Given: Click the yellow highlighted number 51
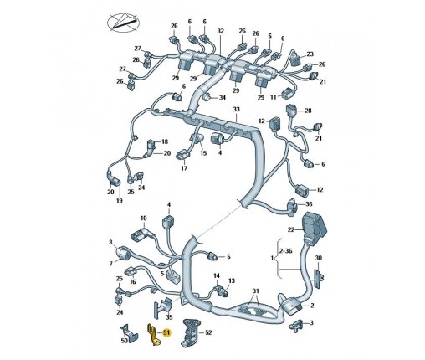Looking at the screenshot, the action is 166,332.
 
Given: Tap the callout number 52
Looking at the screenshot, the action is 208,332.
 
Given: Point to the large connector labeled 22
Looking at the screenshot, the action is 315,225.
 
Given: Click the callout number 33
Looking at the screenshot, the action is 236,109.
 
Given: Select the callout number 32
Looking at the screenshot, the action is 220,31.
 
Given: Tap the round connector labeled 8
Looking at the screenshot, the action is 122,253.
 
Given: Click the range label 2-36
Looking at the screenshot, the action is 286,251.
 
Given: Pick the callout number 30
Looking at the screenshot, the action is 318,258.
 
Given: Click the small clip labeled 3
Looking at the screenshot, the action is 296,324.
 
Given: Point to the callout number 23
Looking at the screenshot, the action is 310,54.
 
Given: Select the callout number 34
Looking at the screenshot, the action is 222,98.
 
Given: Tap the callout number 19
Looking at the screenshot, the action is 120,201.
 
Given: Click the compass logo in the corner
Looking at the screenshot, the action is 123,23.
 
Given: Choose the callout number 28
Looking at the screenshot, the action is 308,111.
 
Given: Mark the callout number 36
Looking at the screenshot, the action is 309,204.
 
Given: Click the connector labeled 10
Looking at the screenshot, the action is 141,234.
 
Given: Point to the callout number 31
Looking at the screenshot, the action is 255,291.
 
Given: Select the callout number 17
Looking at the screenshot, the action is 184,168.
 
